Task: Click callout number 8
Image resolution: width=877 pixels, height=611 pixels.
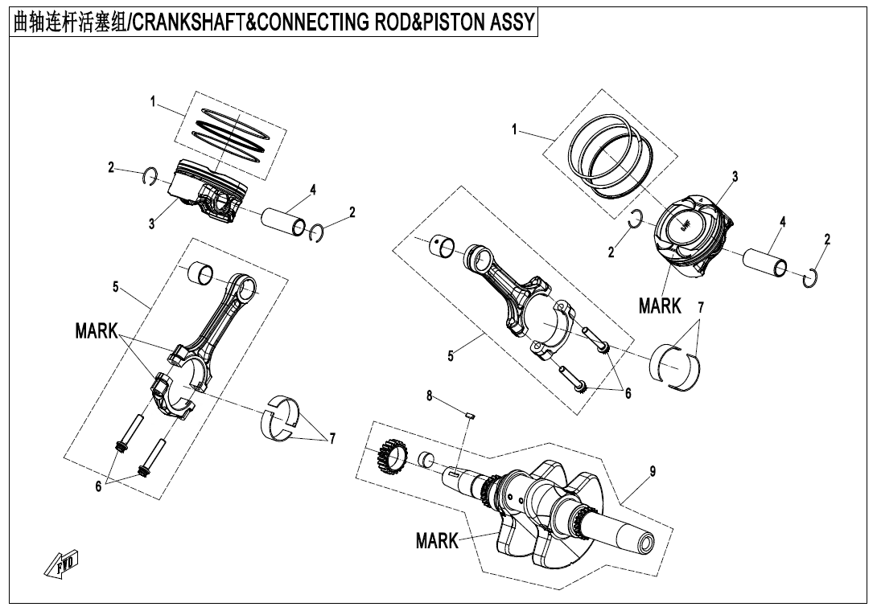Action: pyautogui.click(x=430, y=396)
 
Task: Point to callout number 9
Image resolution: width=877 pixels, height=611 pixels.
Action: pyautogui.click(x=652, y=472)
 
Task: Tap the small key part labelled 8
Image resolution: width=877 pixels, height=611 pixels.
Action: pyautogui.click(x=472, y=415)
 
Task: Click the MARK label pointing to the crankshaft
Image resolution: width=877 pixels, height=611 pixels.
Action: pyautogui.click(x=437, y=540)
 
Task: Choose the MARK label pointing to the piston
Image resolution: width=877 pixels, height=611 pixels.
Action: pyautogui.click(x=660, y=305)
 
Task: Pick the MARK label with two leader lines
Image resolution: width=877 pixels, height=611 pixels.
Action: pyautogui.click(x=97, y=332)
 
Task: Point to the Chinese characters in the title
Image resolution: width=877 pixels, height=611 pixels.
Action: pyautogui.click(x=68, y=22)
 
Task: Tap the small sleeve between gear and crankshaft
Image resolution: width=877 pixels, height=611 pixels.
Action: pyautogui.click(x=426, y=461)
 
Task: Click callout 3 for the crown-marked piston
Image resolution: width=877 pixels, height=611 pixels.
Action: pyautogui.click(x=735, y=177)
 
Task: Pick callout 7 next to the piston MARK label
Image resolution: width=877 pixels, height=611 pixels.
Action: pyautogui.click(x=701, y=307)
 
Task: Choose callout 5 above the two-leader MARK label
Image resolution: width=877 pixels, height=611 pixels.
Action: pyautogui.click(x=116, y=286)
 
